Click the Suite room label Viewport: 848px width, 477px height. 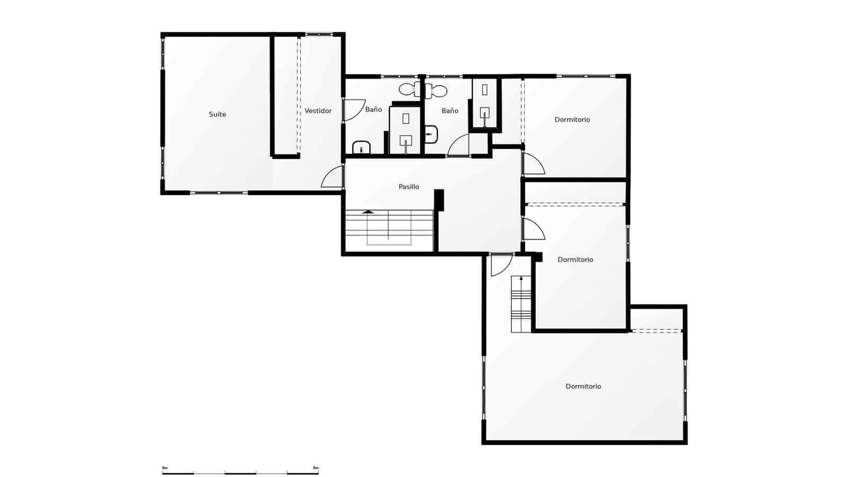click(x=217, y=114)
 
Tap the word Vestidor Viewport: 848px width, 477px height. click(x=318, y=111)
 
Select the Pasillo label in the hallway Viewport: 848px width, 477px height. click(x=409, y=187)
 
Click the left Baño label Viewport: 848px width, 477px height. click(x=373, y=110)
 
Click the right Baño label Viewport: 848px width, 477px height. click(x=449, y=111)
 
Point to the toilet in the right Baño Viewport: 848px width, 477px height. click(x=438, y=90)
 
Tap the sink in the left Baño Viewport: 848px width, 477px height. click(x=361, y=147)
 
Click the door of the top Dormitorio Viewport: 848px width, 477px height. click(x=533, y=164)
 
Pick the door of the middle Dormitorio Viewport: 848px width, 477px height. click(x=533, y=228)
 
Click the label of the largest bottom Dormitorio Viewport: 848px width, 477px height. click(x=583, y=386)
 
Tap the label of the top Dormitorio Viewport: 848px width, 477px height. click(x=572, y=120)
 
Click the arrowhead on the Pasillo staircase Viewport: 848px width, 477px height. click(x=368, y=212)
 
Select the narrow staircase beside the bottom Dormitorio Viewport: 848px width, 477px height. click(x=521, y=305)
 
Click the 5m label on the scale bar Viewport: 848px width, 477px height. click(x=316, y=468)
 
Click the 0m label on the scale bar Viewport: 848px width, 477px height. click(x=165, y=468)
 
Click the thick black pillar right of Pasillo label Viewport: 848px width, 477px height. click(x=439, y=200)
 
